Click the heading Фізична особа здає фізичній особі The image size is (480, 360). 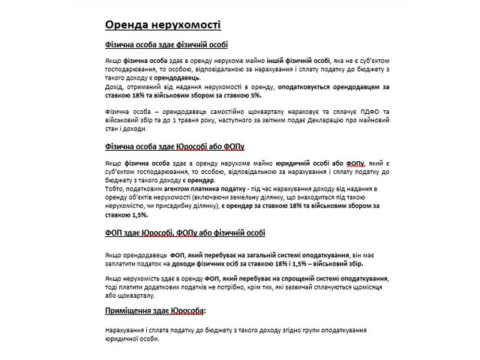click(166, 46)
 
